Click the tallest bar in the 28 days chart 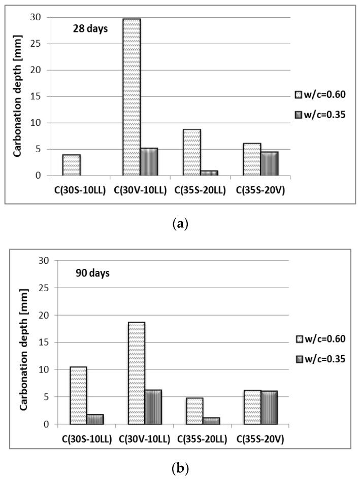[x=132, y=97]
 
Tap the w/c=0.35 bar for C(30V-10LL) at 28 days [x=149, y=162]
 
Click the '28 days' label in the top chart [x=89, y=28]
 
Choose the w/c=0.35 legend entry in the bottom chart [x=321, y=359]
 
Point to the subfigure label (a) [x=180, y=224]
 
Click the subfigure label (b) [x=180, y=468]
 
